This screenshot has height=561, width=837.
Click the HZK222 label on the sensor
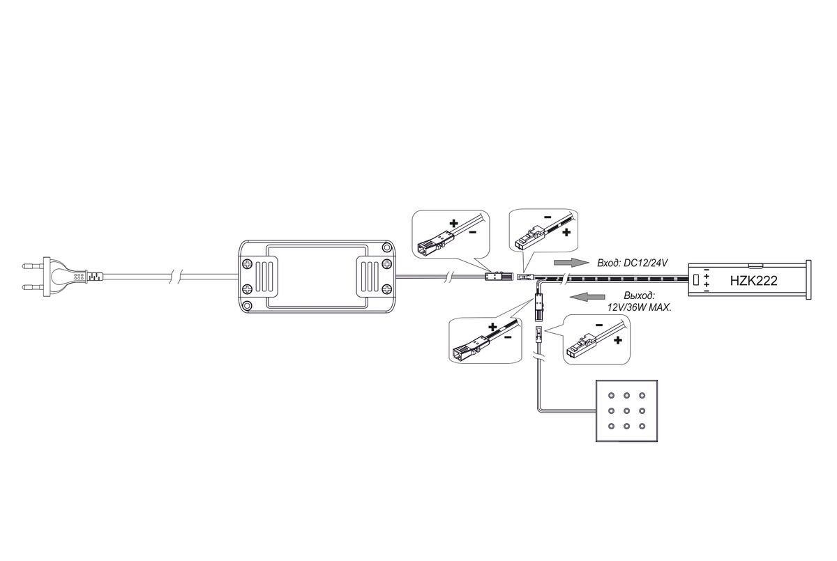[753, 281]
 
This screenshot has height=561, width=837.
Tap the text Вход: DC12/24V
[632, 263]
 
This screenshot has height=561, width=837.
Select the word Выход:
[640, 296]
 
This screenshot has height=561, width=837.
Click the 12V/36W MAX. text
[640, 307]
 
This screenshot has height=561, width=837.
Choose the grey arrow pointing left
[587, 297]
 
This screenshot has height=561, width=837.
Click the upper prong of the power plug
[33, 266]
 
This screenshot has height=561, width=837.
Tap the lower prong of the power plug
[33, 287]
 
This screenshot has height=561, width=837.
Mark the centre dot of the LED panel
[626, 411]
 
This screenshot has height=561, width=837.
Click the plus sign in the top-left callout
[453, 224]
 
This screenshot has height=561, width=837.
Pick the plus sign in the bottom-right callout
[618, 340]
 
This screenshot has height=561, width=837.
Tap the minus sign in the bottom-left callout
[508, 338]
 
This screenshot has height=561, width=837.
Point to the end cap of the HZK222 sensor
[808, 279]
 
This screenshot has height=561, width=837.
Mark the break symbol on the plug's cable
[176, 277]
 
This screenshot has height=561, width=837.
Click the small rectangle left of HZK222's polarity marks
[696, 280]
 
